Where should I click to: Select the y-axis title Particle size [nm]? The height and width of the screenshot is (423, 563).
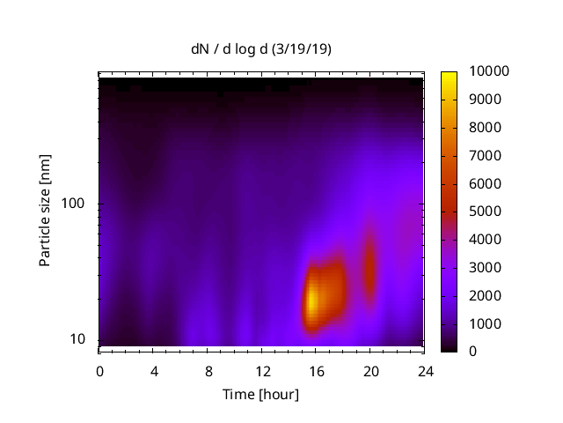(45, 211)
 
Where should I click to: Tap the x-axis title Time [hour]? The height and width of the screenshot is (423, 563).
(261, 394)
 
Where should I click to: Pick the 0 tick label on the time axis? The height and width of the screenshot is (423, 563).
(99, 371)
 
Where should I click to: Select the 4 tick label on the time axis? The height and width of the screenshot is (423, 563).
(154, 371)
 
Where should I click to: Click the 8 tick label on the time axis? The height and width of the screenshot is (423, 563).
(208, 371)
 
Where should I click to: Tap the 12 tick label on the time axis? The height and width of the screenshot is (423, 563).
(262, 371)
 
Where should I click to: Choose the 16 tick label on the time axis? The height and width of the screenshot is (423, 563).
(317, 371)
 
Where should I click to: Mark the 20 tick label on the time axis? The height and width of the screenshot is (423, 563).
(371, 371)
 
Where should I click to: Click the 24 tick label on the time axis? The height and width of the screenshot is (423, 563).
(426, 371)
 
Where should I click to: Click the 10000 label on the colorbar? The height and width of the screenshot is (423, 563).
(482, 70)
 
